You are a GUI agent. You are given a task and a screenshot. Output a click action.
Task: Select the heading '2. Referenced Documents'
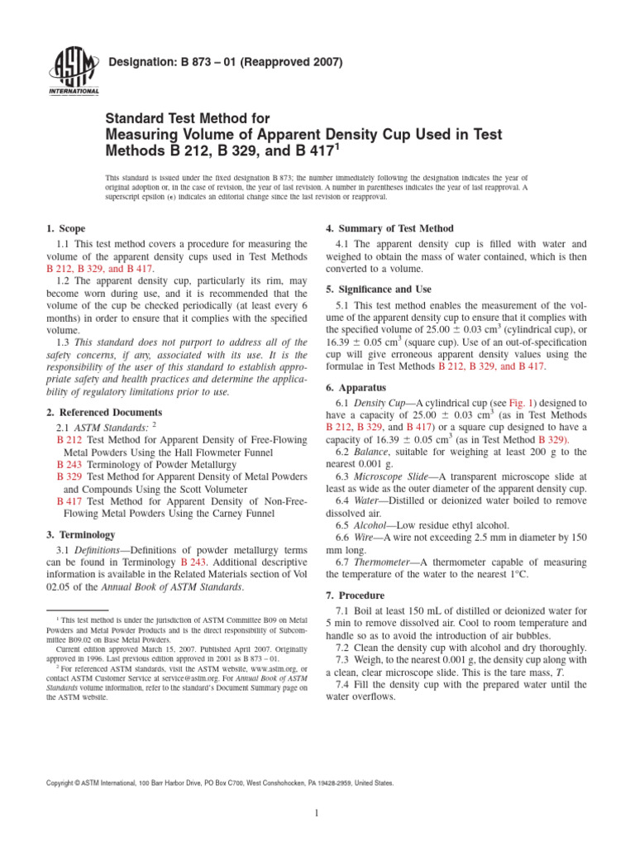click(103, 412)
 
